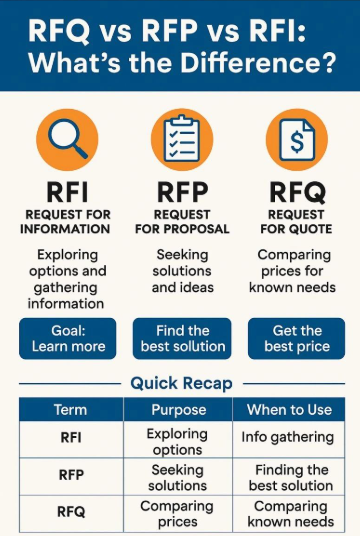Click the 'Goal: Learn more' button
click(x=67, y=339)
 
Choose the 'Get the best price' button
click(x=296, y=339)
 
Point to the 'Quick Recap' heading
click(x=180, y=383)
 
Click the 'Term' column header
click(x=70, y=410)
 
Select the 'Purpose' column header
click(x=178, y=410)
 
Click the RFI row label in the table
click(x=70, y=438)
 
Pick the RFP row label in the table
click(x=70, y=476)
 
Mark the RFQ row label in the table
click(x=70, y=512)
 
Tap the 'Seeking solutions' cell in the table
click(x=178, y=477)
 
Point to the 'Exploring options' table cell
click(x=178, y=440)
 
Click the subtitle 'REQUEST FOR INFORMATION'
click(x=66, y=221)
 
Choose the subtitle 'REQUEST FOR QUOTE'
click(x=296, y=221)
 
